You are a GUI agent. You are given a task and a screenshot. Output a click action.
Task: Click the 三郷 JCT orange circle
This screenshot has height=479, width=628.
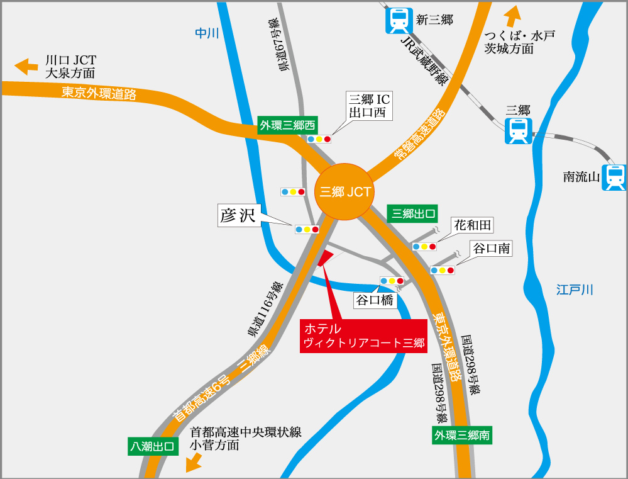click(x=344, y=192)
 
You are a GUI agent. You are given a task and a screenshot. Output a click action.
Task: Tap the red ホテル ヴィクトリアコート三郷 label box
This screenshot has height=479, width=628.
click(x=363, y=336)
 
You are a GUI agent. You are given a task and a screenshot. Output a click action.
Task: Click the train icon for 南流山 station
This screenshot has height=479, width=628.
click(x=614, y=178)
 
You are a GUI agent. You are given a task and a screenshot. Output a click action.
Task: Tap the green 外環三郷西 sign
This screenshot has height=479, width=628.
click(x=287, y=125)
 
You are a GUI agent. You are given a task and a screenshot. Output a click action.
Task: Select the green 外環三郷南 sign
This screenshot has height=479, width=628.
click(x=461, y=435)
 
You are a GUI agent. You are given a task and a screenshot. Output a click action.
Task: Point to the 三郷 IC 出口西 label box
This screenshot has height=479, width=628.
click(x=370, y=106)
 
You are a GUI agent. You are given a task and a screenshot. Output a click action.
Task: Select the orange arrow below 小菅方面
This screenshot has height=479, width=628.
click(x=194, y=463)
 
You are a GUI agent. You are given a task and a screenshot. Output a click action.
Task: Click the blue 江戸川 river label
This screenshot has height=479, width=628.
click(x=575, y=290)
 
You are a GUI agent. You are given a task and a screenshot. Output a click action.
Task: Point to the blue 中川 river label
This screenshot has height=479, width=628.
click(x=206, y=33)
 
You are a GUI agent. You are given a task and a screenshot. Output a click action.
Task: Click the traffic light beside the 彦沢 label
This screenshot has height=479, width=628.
click(x=307, y=229)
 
